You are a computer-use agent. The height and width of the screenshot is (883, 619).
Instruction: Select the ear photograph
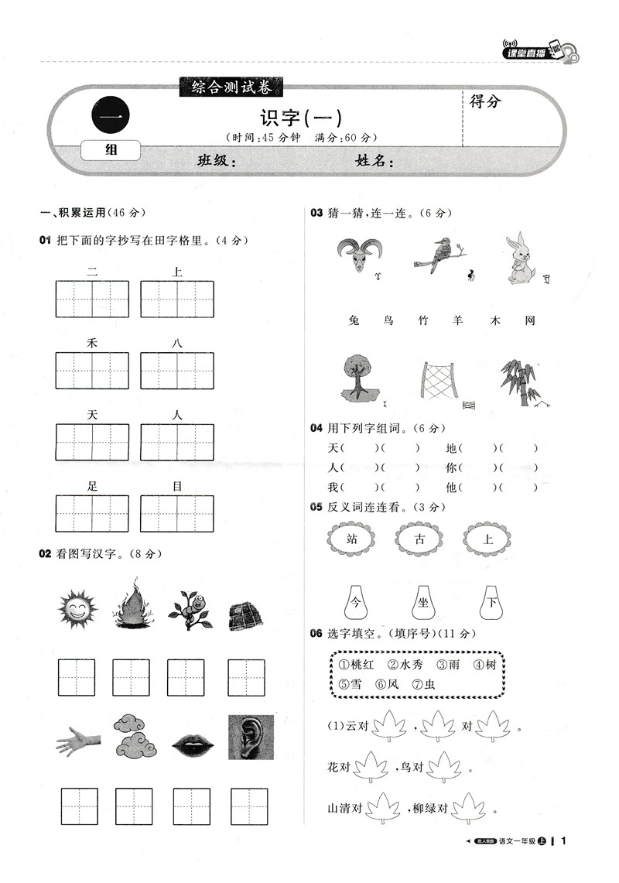pos(251,737)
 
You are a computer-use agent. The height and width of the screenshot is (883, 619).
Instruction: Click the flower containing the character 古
pos(420,540)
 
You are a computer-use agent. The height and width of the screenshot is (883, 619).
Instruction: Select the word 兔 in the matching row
pos(354,320)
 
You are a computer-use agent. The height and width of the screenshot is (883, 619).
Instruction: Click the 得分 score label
pos(485,101)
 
